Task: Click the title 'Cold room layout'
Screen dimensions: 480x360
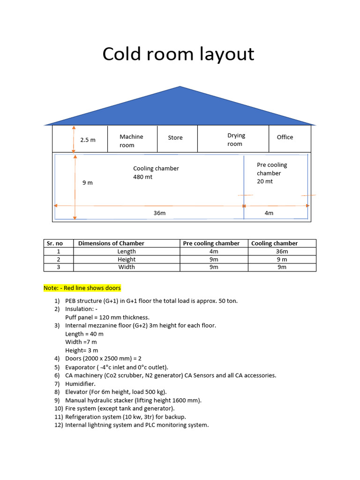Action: click(178, 54)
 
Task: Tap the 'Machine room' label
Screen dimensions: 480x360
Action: click(131, 141)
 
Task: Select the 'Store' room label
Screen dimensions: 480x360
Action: click(175, 137)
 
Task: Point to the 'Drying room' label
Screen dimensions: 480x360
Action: click(236, 140)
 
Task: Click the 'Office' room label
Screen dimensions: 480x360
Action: click(285, 137)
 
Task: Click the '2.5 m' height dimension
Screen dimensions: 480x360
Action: click(88, 140)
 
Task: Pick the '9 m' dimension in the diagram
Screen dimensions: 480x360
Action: click(88, 182)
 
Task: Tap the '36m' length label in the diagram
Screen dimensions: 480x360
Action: click(159, 213)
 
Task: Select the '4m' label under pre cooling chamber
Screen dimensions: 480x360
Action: click(269, 213)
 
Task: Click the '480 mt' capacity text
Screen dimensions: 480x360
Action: click(143, 177)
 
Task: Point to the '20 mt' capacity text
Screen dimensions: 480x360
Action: click(264, 181)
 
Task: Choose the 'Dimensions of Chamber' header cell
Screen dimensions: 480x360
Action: click(111, 243)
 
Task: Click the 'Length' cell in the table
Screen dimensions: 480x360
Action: click(127, 251)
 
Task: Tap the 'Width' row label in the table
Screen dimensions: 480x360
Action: click(127, 267)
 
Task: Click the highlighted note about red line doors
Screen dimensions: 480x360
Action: click(82, 288)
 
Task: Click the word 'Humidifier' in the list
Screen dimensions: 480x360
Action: click(80, 383)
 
